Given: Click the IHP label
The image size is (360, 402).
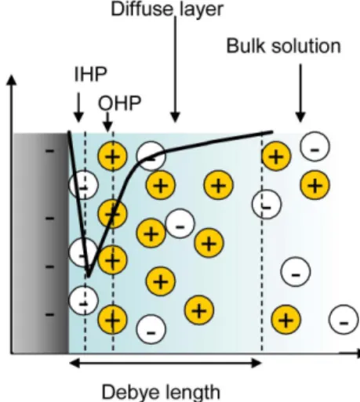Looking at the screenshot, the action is pos(91,74).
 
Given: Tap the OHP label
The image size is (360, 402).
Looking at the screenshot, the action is pos(119,103).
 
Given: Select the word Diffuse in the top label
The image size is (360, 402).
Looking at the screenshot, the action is pos(142,9).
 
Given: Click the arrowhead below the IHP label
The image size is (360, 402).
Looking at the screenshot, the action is pos(78,117).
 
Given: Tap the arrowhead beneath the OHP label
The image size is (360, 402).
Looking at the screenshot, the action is pos(107,127).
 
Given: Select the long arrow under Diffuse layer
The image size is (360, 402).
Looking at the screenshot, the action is pos(175,70).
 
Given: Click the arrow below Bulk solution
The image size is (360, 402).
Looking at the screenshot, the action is pos(300,93).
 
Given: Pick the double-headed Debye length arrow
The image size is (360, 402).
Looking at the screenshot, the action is pos(165,363).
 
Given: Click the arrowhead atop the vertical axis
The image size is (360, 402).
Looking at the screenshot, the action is pos(11,80).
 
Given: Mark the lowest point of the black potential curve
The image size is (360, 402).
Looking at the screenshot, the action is pos(89,277).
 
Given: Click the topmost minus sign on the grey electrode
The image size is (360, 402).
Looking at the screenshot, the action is pos(49,150).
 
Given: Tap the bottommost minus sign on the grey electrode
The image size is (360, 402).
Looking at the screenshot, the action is pos(49,314).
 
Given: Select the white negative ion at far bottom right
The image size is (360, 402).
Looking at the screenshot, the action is pos(344,320).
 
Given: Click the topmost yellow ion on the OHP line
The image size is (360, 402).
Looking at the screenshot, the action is pos(113,157).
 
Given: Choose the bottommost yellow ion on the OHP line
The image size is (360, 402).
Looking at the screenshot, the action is pos(113,320).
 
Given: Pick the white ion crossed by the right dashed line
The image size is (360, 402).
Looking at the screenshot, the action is pos(267,205).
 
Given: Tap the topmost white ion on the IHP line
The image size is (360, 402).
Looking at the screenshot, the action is pos(83,185).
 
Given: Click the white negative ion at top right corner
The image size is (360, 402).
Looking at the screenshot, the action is pos(315,147).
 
